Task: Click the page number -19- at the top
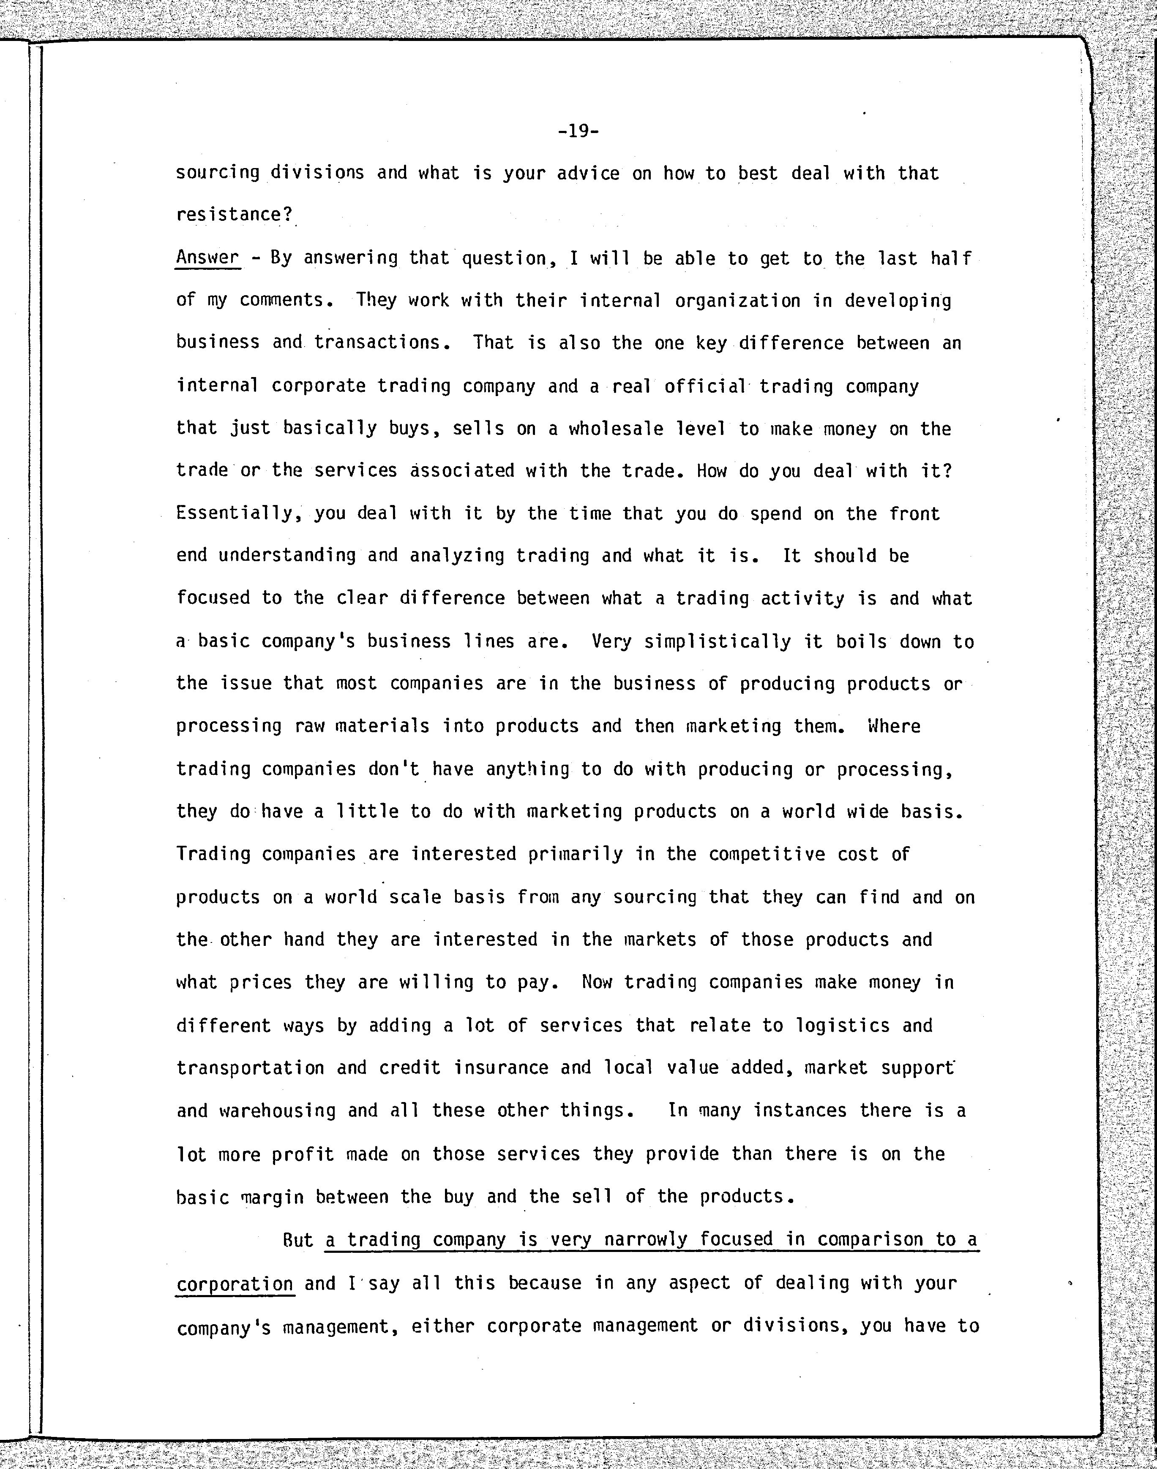pos(578,130)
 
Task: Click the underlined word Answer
pos(207,258)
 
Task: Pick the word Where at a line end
pos(894,726)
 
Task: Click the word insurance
pos(501,1067)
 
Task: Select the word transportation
pos(250,1067)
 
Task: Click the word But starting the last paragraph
pos(297,1240)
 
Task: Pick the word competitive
pos(767,854)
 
